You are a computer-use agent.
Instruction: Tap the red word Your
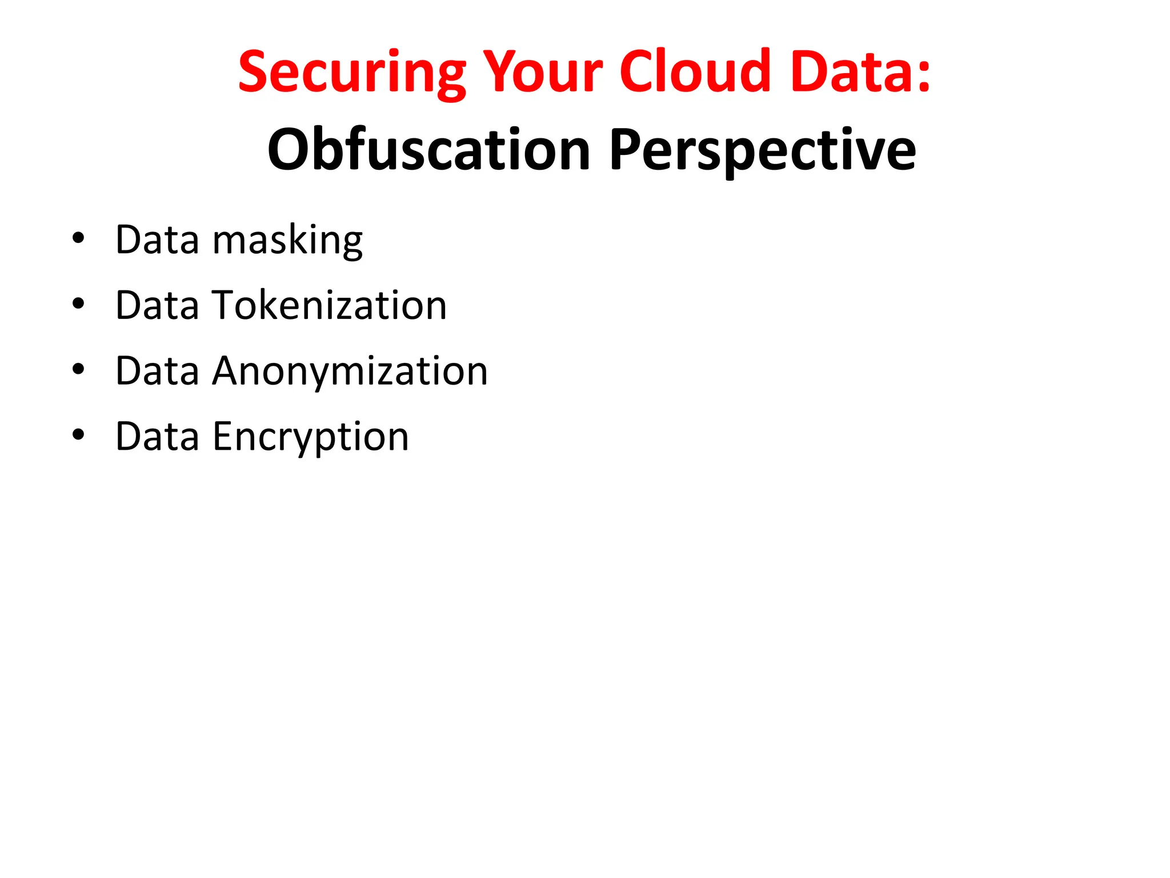[542, 72]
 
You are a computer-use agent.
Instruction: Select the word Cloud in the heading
[695, 72]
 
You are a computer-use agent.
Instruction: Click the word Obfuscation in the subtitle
[428, 150]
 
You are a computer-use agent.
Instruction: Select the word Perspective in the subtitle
[763, 150]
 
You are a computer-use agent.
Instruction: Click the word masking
[287, 240]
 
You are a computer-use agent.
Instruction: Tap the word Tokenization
[330, 305]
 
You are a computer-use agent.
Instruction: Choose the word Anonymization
[350, 371]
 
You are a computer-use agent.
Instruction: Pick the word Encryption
[311, 437]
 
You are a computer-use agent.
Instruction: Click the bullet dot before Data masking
[78, 238]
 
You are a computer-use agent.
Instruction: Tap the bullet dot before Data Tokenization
[78, 304]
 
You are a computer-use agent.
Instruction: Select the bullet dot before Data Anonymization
[78, 369]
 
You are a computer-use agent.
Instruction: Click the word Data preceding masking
[158, 240]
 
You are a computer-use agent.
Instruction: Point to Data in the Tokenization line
[158, 305]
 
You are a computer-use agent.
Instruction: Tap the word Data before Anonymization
[158, 371]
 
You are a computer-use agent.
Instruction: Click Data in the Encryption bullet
[158, 437]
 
